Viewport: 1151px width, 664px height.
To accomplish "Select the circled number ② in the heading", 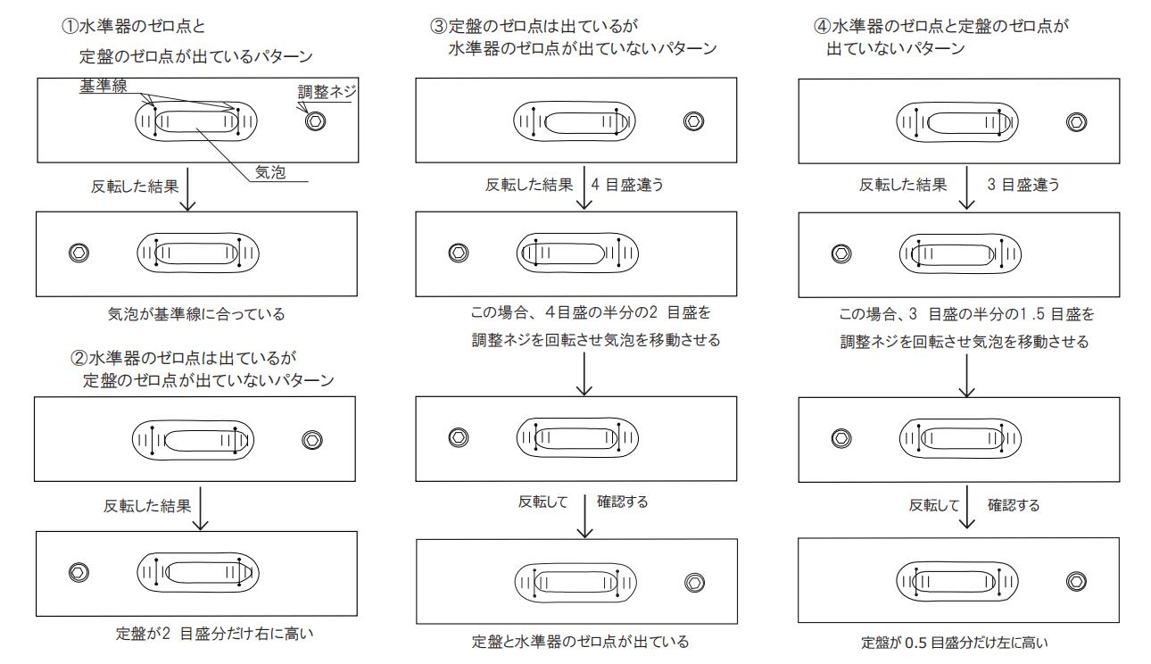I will point(78,361).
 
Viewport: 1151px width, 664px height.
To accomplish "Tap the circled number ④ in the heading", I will point(822,24).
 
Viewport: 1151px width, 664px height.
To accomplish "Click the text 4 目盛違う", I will point(627,186).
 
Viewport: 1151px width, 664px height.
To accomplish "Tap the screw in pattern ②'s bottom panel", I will point(78,572).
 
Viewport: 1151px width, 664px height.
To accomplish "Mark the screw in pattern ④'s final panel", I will point(1077,582).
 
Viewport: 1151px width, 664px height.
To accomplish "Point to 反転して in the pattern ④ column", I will point(932,504).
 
